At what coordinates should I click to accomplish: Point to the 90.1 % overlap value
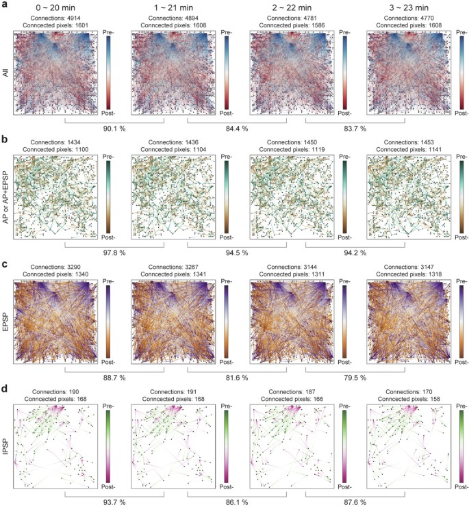116,127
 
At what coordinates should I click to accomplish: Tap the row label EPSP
5,315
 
